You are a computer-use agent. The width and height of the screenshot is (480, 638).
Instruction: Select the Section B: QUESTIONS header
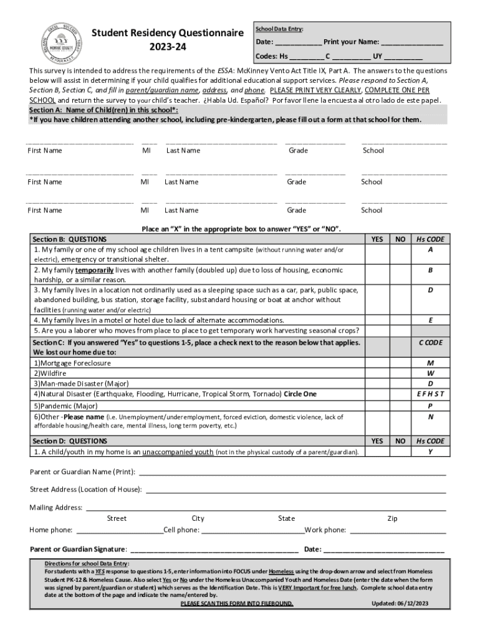[x=69, y=239]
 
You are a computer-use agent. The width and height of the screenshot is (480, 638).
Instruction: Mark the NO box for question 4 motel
[x=400, y=320]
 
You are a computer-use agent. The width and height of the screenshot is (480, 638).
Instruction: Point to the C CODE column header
[x=430, y=343]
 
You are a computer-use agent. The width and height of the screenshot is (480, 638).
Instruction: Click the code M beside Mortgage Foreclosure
[x=430, y=363]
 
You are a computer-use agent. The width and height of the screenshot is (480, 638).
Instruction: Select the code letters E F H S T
[x=430, y=394]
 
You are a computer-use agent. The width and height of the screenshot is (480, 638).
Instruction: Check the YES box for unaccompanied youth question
[x=377, y=452]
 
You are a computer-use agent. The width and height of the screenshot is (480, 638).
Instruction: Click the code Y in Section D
[x=430, y=452]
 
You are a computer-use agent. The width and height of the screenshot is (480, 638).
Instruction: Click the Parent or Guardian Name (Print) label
[x=83, y=472]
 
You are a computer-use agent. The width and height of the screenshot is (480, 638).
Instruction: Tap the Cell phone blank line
[x=252, y=530]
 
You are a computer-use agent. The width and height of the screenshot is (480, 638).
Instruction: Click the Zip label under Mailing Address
[x=392, y=518]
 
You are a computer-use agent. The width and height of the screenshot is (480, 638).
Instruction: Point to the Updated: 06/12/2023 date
[x=400, y=603]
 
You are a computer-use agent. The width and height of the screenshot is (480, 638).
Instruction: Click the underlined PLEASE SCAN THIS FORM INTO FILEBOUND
[x=236, y=604]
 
